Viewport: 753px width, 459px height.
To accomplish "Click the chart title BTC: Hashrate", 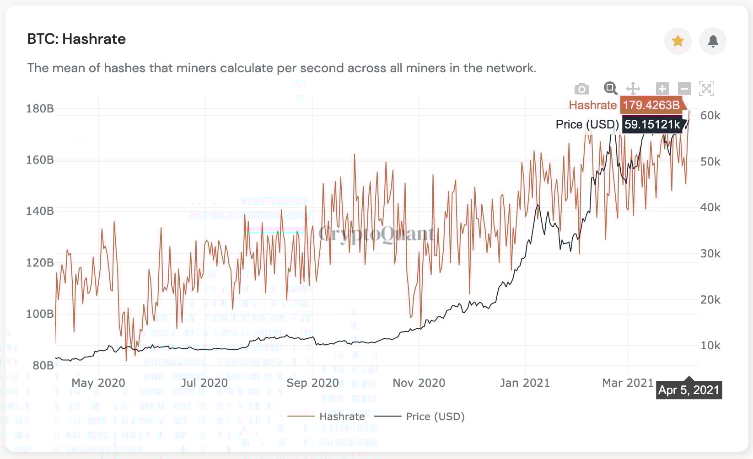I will [x=76, y=39].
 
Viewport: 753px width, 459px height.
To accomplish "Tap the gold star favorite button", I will [x=678, y=41].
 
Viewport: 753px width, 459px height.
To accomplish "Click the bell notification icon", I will [x=713, y=41].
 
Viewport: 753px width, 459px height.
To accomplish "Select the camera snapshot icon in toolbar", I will [x=581, y=89].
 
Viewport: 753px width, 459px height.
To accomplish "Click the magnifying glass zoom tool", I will [x=610, y=88].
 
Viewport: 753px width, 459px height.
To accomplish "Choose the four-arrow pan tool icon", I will [x=633, y=88].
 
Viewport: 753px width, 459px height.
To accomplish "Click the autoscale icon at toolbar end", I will [x=706, y=88].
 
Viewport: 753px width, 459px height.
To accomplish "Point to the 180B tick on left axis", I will [x=40, y=109].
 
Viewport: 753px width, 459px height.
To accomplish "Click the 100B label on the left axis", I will [x=40, y=314].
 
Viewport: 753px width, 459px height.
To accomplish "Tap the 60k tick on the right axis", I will [x=710, y=116].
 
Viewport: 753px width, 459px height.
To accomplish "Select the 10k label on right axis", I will [x=710, y=346].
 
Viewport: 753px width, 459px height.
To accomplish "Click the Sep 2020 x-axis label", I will [x=312, y=383].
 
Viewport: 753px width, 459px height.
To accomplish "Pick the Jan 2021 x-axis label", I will [x=525, y=383].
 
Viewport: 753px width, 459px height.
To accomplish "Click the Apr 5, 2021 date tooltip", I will [x=688, y=390].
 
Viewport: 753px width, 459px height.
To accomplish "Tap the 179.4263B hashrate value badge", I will [x=651, y=105].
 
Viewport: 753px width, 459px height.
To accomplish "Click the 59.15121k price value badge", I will [x=652, y=124].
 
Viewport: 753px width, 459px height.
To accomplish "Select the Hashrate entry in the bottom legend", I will [x=342, y=416].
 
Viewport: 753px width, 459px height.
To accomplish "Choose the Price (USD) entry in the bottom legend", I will [x=435, y=416].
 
